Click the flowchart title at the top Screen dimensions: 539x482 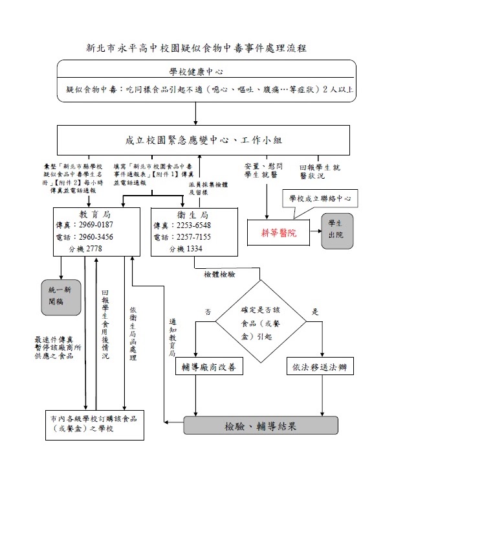197,48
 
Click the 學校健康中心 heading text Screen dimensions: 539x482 197,71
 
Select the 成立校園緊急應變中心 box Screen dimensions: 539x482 203,140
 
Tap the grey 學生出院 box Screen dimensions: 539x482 337,230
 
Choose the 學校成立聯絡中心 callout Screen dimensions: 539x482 320,197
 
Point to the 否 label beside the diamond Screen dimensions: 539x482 208,312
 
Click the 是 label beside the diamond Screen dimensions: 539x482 315,312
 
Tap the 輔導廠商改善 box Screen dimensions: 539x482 209,367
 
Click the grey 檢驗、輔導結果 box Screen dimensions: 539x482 261,426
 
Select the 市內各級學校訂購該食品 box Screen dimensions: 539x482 94,424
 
